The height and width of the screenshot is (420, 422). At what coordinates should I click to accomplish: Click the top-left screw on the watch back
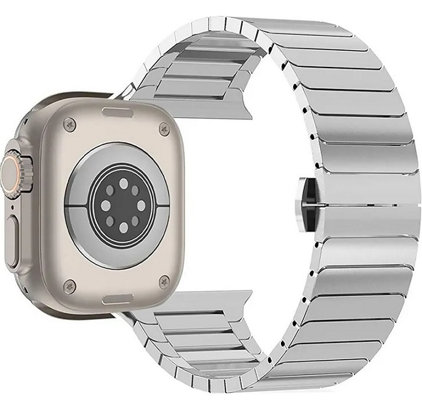(x=71, y=125)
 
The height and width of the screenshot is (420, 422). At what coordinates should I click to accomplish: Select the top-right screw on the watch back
(x=163, y=127)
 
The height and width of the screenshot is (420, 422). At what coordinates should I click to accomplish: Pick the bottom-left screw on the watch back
(x=71, y=284)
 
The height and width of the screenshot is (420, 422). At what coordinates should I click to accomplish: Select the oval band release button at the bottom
(x=116, y=298)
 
